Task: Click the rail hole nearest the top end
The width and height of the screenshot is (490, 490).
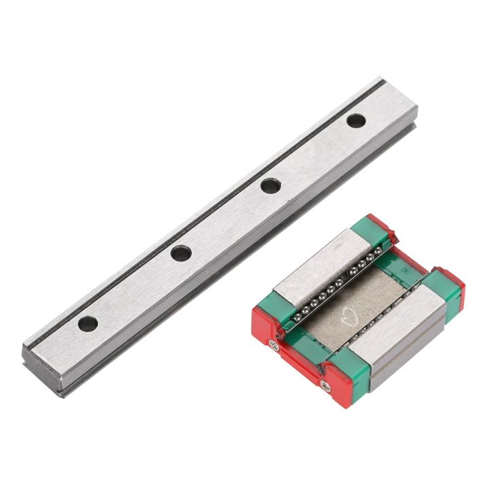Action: (x=355, y=121)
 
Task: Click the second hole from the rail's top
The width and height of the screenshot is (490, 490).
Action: (x=270, y=185)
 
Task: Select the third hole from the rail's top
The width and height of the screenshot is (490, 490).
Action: (x=180, y=253)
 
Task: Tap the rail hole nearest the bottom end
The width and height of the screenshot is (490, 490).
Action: (x=87, y=323)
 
